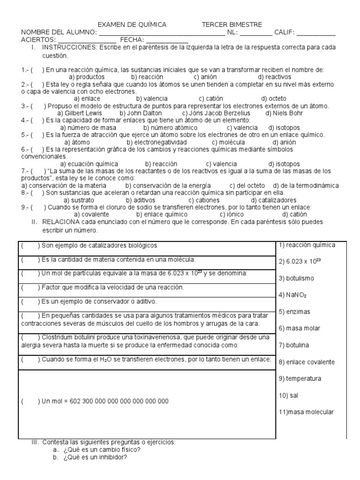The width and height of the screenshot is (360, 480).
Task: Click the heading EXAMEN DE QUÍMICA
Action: (x=132, y=24)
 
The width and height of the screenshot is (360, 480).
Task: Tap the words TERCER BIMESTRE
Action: (x=232, y=24)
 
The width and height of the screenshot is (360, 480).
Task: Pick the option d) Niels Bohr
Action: (x=284, y=113)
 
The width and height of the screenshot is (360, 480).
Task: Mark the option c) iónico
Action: (x=232, y=214)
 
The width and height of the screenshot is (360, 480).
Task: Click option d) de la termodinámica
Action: (x=306, y=186)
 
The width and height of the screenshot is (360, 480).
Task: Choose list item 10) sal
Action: (x=288, y=395)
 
